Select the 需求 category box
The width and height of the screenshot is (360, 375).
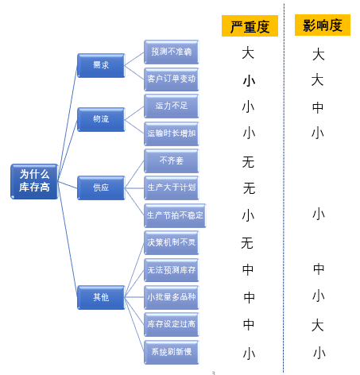(x=101, y=65)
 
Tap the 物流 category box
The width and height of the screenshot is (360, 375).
(x=101, y=119)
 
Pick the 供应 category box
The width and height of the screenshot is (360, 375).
(x=101, y=187)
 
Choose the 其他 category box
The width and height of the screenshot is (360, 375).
(x=101, y=297)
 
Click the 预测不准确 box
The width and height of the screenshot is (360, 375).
(x=171, y=52)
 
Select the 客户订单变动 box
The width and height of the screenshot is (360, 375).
(x=171, y=79)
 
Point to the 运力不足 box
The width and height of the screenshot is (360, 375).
(x=171, y=106)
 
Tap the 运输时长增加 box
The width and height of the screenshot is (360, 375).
(x=171, y=133)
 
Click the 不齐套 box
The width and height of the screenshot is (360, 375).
(x=171, y=160)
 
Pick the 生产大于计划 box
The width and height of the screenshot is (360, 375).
(x=171, y=187)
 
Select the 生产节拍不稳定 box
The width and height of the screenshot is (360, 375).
(x=175, y=215)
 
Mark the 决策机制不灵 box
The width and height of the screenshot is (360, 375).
(x=171, y=242)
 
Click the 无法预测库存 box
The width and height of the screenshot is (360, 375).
(x=171, y=270)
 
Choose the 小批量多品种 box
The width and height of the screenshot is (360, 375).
(x=171, y=298)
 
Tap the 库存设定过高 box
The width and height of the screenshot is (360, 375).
(x=171, y=325)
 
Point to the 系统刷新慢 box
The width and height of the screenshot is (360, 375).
(x=171, y=352)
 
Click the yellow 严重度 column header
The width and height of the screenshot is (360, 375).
(x=250, y=26)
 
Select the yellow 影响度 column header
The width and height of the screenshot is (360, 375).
(x=323, y=25)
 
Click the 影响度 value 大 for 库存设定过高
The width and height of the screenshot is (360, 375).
(x=318, y=325)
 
